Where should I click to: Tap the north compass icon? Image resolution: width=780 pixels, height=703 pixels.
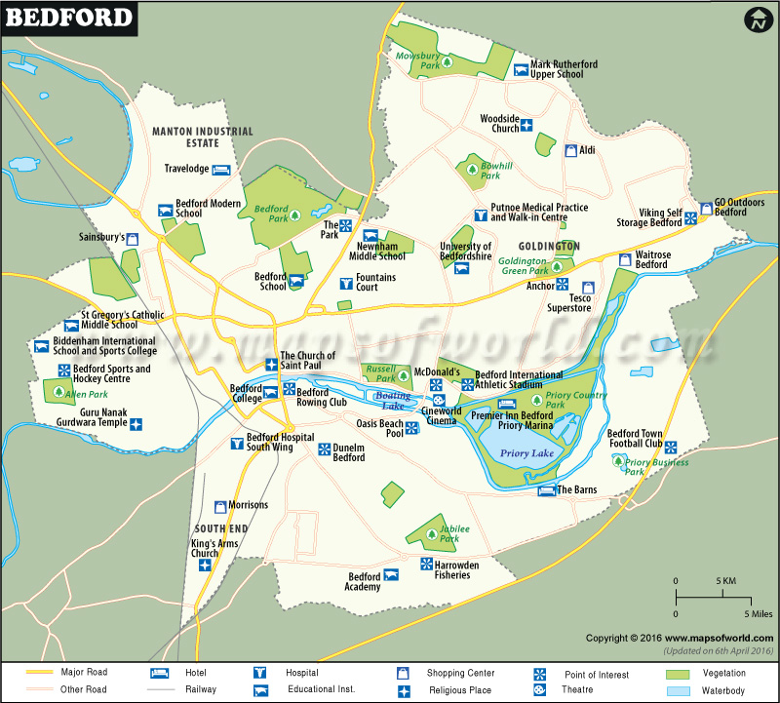click(758, 20)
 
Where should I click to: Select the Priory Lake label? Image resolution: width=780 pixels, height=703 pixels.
click(526, 453)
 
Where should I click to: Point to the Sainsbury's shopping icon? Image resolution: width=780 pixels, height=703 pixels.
click(134, 237)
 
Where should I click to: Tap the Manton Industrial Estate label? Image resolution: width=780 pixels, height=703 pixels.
click(202, 137)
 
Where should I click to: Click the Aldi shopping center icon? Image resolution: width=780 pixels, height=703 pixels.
click(571, 150)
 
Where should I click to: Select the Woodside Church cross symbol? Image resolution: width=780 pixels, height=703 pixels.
click(527, 124)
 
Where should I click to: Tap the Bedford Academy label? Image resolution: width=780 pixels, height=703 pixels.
click(364, 582)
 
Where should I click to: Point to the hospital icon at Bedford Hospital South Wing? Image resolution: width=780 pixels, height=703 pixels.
click(236, 444)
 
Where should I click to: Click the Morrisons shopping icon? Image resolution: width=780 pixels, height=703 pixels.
click(220, 505)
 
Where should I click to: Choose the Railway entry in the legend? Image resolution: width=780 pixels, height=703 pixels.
click(200, 689)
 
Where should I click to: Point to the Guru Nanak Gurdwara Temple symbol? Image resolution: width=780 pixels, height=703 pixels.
click(136, 424)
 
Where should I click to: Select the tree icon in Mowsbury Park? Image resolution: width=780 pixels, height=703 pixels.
click(448, 61)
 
